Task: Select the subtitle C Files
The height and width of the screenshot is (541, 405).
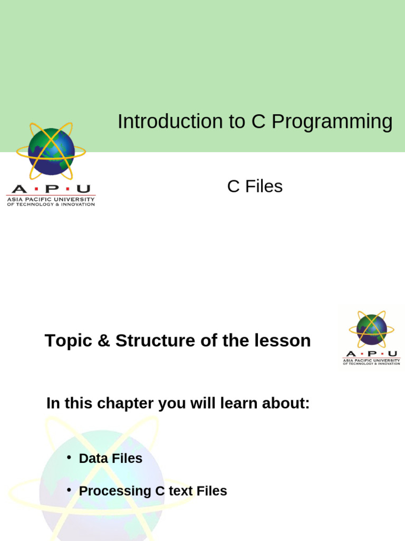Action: coord(255,186)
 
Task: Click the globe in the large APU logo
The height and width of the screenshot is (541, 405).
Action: coord(51,151)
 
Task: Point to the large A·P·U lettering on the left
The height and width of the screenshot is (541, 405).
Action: coord(51,189)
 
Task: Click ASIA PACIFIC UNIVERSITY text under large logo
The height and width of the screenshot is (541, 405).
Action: coord(51,199)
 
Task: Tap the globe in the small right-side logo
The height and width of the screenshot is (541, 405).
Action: coord(371,329)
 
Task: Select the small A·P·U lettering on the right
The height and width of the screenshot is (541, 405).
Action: coord(371,354)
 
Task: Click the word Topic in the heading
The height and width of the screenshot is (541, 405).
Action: coord(69,341)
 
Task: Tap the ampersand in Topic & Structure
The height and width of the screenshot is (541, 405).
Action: coord(104,341)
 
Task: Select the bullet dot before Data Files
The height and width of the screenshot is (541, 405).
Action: coord(69,457)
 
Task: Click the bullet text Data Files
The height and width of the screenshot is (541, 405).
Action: coord(110,459)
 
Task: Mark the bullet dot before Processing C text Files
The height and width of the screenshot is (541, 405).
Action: coord(69,490)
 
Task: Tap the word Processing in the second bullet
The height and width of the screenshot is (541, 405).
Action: coord(114,491)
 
